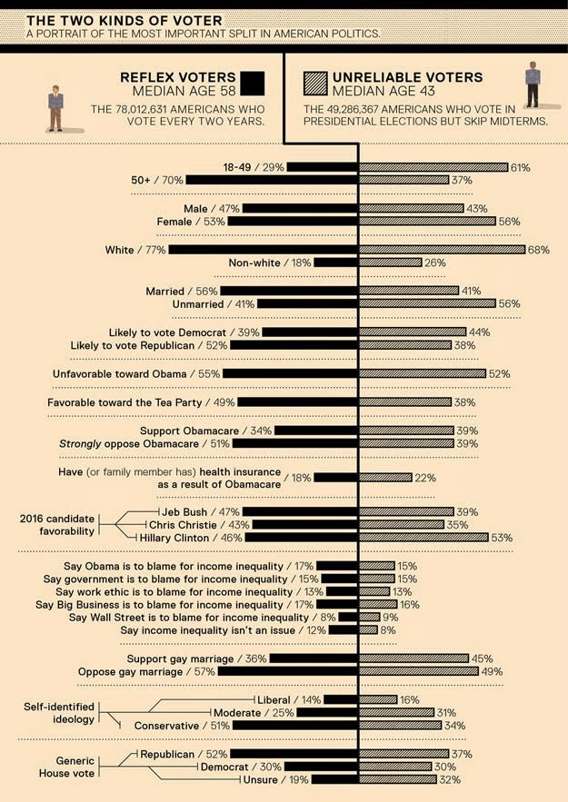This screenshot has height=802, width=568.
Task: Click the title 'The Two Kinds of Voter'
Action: click(125, 21)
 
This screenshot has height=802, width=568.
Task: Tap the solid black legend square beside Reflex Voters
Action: click(253, 84)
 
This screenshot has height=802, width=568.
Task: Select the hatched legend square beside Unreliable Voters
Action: click(315, 84)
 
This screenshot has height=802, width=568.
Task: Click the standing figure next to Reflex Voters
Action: click(55, 108)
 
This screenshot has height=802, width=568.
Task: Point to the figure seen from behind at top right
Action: click(533, 84)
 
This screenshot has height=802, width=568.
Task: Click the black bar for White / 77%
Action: click(263, 250)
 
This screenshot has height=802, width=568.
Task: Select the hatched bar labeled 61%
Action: click(433, 167)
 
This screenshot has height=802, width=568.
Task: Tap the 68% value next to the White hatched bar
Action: click(538, 250)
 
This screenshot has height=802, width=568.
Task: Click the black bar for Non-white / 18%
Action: click(335, 262)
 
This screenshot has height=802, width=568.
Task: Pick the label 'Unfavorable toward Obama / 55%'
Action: click(136, 374)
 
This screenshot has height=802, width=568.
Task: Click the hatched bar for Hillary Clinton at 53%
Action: click(424, 538)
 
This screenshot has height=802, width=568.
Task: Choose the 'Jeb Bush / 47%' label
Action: click(201, 512)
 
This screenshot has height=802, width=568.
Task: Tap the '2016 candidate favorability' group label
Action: click(56, 525)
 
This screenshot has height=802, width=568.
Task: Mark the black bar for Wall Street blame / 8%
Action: click(348, 618)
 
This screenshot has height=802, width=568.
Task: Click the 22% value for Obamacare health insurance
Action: click(425, 478)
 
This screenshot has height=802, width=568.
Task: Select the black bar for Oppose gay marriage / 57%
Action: click(287, 671)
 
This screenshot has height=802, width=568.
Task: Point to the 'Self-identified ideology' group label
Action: click(59, 713)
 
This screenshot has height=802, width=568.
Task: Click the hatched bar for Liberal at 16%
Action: click(379, 699)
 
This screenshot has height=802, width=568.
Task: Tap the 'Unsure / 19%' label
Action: click(275, 780)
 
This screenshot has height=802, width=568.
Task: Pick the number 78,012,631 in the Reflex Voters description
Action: click(148, 109)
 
